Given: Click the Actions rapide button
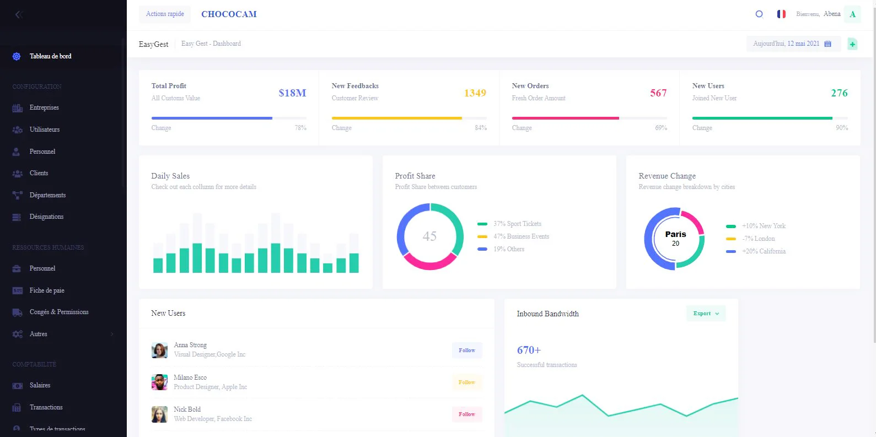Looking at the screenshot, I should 165,14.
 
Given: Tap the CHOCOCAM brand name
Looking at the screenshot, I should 229,14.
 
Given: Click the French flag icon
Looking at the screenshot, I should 781,14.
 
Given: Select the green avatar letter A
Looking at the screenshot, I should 852,14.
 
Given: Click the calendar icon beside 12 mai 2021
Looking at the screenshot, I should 827,44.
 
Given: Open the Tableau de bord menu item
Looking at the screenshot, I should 50,56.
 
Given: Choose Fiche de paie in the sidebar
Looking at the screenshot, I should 47,290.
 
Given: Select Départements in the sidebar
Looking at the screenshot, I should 47,195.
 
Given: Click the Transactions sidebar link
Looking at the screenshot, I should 46,407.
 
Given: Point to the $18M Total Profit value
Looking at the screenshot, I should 292,93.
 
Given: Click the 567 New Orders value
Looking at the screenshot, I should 658,93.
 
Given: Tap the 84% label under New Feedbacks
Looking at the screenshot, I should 480,128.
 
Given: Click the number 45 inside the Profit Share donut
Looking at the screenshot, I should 429,236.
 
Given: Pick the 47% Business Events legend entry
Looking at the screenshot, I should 521,236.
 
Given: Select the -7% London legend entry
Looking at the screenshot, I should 758,239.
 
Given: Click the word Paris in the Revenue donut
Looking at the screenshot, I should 675,234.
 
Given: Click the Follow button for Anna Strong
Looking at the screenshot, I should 467,350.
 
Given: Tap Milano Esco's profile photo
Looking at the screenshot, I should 159,382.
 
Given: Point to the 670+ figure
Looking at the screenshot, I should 529,350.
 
